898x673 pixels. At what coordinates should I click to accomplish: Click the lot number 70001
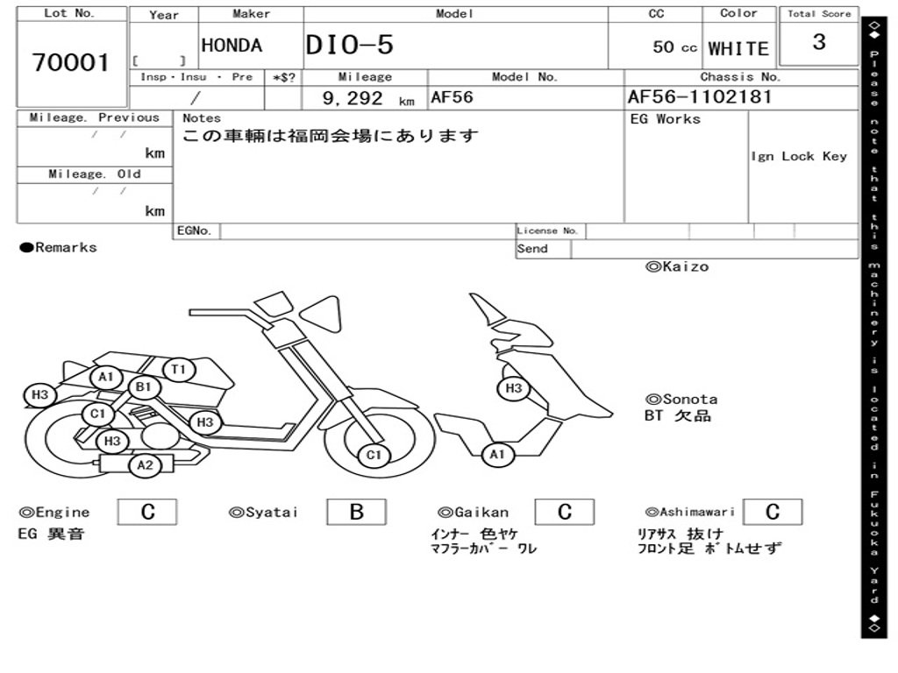pos(71,63)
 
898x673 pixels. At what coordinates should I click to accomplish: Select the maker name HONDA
pos(232,46)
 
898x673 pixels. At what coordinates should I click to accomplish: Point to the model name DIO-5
pos(350,46)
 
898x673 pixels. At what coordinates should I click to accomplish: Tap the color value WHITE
pos(738,48)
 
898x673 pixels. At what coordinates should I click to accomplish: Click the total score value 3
pos(819,42)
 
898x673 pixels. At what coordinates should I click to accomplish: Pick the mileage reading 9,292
pos(353,99)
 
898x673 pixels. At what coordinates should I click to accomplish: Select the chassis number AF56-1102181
pos(700,97)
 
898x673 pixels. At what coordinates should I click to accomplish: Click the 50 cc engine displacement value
pos(674,47)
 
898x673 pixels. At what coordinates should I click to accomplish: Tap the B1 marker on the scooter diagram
pos(144,386)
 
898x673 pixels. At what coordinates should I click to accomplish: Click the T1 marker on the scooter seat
pos(179,370)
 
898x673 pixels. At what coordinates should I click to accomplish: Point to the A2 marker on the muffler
pos(145,465)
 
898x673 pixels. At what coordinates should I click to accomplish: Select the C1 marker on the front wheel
pos(374,455)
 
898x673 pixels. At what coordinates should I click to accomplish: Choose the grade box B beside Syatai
pos(356,512)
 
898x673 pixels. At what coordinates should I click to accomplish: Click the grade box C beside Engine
pos(147,512)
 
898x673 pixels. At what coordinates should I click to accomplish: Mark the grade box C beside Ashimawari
pos(772,512)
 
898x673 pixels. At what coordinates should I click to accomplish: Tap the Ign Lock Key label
pos(799,156)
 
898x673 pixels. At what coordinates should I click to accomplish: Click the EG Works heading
pos(666,119)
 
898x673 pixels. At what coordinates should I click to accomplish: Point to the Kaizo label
pos(677,266)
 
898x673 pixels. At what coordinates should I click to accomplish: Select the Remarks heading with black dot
pos(59,248)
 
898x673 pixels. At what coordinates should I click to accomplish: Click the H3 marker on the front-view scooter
pos(514,388)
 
